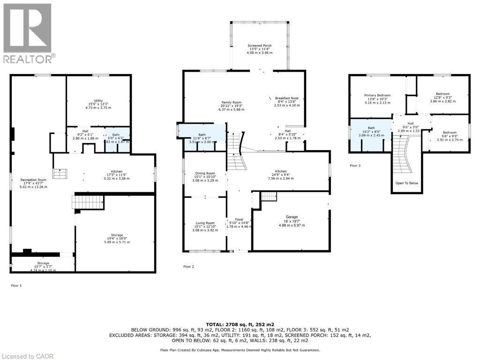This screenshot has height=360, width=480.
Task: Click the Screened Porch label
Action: click(260, 45)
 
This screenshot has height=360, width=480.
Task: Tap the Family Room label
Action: click(232, 102)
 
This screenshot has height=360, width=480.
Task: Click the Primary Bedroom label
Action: click(377, 95)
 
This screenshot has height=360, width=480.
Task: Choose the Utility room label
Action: click(98, 100)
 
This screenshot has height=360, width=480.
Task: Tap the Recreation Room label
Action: click(33, 180)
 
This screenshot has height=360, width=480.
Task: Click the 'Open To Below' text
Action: click(406, 183)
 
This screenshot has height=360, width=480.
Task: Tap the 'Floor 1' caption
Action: click(16, 285)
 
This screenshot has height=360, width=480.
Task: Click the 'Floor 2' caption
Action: click(188, 266)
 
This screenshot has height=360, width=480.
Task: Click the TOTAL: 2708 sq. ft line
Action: click(240, 324)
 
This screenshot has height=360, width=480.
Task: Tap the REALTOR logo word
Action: click(28, 59)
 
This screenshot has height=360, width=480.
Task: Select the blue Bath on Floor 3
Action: click(371, 128)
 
